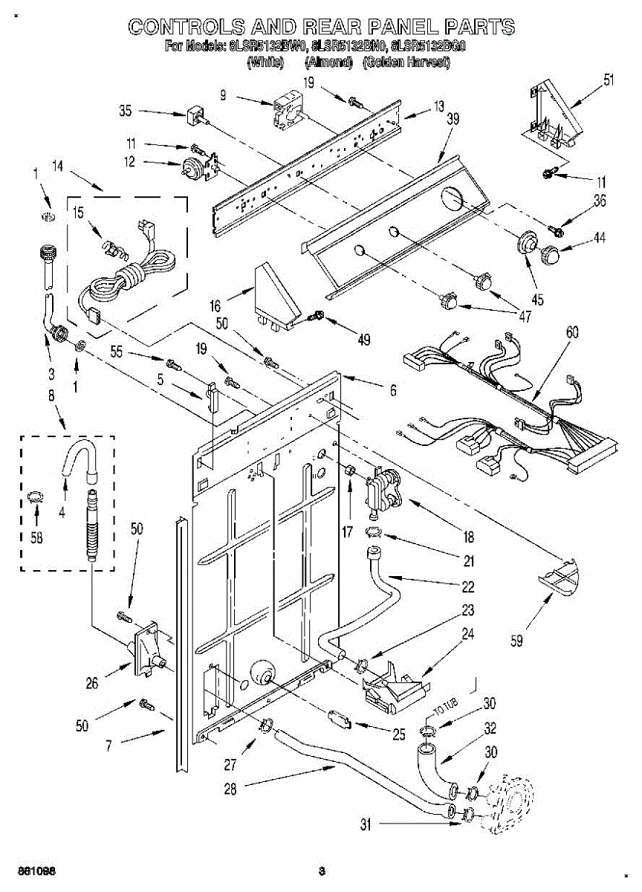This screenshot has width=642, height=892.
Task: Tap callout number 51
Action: tap(609, 81)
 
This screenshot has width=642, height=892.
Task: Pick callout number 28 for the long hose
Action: tap(230, 789)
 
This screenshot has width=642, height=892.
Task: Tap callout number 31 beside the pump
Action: tap(365, 824)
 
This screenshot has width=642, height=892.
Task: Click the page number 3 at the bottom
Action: tap(321, 871)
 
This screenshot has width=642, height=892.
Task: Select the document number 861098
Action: tap(38, 870)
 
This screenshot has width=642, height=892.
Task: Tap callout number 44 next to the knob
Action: tap(599, 238)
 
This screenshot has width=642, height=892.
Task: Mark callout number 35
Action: tap(126, 112)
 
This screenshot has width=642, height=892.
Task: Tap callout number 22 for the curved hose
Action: tap(467, 586)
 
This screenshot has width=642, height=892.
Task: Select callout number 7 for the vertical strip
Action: tap(108, 743)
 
